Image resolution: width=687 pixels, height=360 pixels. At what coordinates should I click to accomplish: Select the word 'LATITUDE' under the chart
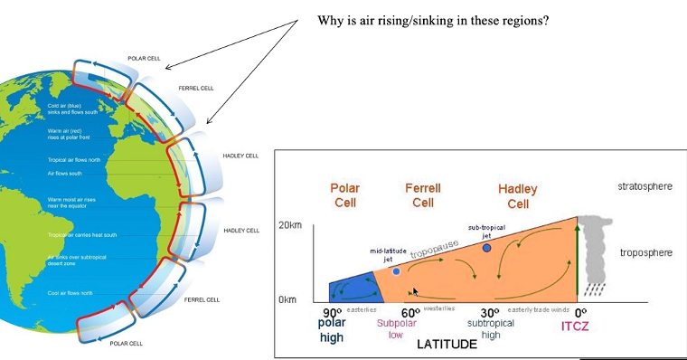446,345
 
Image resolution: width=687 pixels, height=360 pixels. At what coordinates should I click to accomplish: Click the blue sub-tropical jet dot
486,246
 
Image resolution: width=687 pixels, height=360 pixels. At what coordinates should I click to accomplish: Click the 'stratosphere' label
645,187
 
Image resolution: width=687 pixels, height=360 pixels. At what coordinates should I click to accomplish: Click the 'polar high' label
332,330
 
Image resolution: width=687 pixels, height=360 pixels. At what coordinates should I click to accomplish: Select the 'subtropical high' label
491,328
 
